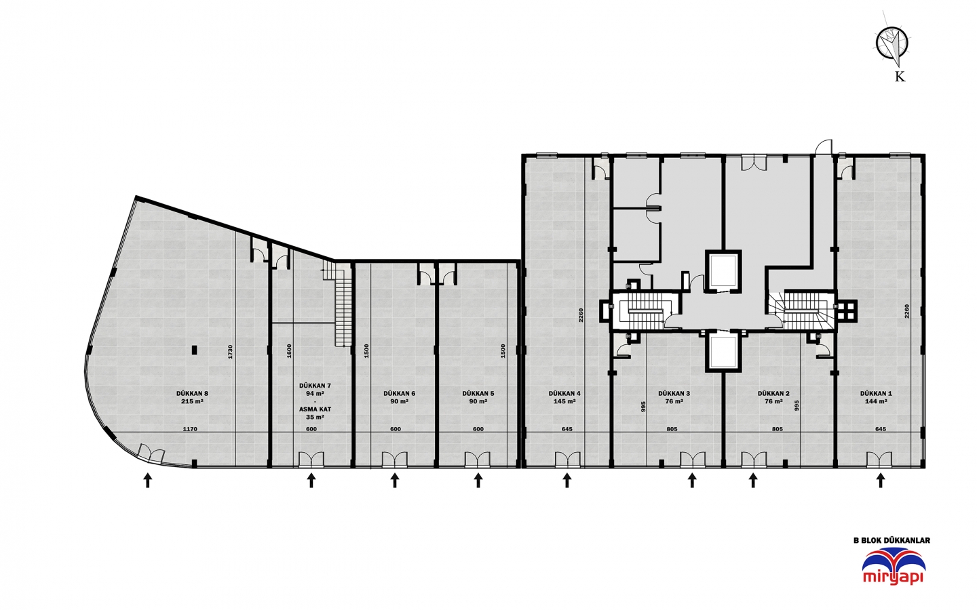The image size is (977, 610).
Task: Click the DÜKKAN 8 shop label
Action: point(193,393)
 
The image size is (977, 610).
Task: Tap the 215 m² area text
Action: point(193,401)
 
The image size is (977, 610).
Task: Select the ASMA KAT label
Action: point(315,409)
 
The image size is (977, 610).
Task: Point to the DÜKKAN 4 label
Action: point(564,393)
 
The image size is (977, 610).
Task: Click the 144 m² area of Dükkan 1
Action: point(876,401)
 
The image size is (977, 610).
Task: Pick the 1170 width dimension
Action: point(190,429)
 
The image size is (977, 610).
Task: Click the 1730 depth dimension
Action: point(230,352)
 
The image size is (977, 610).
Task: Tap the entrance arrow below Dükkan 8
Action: point(148,480)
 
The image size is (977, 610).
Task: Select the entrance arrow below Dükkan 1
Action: point(881,480)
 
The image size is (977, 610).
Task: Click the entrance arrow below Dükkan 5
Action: point(478,480)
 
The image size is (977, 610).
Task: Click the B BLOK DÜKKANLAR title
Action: point(892,540)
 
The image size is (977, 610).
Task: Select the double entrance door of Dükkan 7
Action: point(311,460)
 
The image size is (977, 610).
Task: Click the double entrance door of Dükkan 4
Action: point(567,460)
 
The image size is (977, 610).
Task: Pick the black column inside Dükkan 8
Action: point(195,350)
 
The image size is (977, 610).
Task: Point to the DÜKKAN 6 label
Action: point(399,393)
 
